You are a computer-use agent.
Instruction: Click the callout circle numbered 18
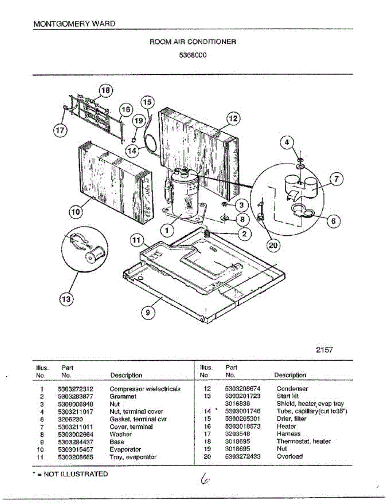tap(106, 90)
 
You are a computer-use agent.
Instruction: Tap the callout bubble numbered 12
tap(233, 119)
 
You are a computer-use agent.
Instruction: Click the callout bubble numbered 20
tap(273, 246)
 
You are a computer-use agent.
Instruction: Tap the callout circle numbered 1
tap(167, 230)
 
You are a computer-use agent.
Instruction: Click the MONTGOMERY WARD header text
tap(74, 24)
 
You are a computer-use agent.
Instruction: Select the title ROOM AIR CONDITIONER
tap(193, 42)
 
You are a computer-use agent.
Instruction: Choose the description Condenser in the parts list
tap(292, 389)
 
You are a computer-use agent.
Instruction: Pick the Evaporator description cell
tap(125, 449)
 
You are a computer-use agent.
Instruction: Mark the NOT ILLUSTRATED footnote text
tap(71, 474)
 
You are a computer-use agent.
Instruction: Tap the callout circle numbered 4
tap(287, 142)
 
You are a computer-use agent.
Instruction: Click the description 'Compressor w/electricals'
tap(145, 389)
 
